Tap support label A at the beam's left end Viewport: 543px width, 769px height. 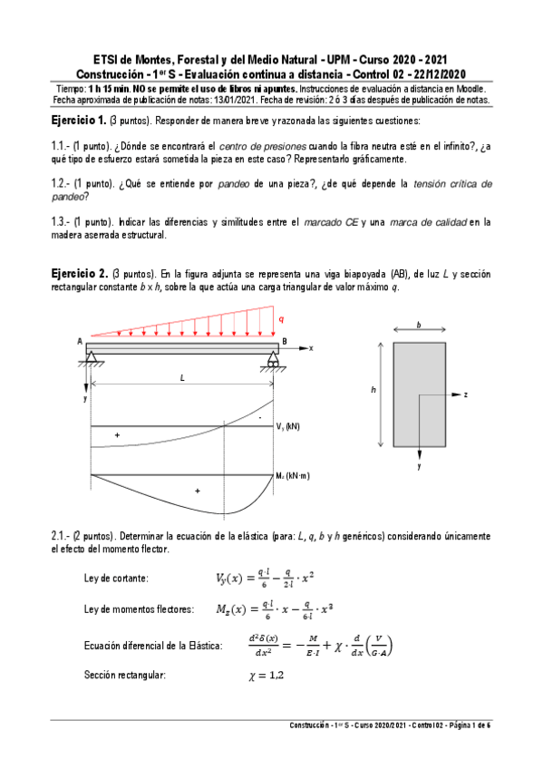click(80, 342)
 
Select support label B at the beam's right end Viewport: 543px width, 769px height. click(285, 342)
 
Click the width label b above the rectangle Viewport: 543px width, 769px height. click(418, 324)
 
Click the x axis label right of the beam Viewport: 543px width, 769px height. click(310, 347)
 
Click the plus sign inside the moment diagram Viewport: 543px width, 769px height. click(198, 491)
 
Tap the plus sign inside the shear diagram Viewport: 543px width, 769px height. click(117, 436)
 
